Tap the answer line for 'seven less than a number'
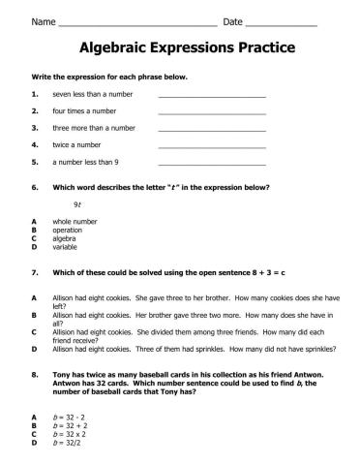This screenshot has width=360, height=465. tap(211, 96)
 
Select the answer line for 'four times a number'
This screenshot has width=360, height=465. tap(211, 112)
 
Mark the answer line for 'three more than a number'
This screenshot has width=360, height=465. tap(211, 129)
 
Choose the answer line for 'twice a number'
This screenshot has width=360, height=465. tap(211, 145)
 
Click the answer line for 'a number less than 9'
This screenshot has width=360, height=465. tap(211, 162)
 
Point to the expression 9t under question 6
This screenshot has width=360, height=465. tap(77, 205)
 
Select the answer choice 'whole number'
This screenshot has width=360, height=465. tap(75, 222)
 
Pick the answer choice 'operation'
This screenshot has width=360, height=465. tap(68, 230)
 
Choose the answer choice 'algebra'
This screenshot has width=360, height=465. tap(65, 237)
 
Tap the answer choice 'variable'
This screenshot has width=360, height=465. tap(66, 246)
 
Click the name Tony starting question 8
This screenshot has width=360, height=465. tap(62, 371)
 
